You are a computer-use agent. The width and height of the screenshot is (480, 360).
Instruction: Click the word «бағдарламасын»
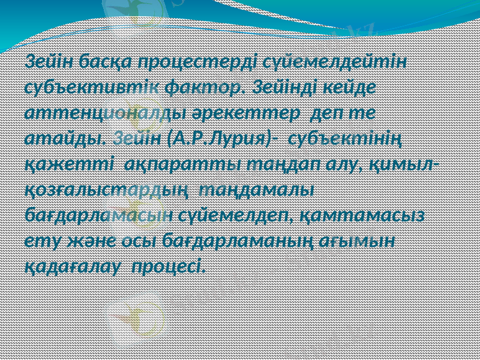click(x=100, y=215)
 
